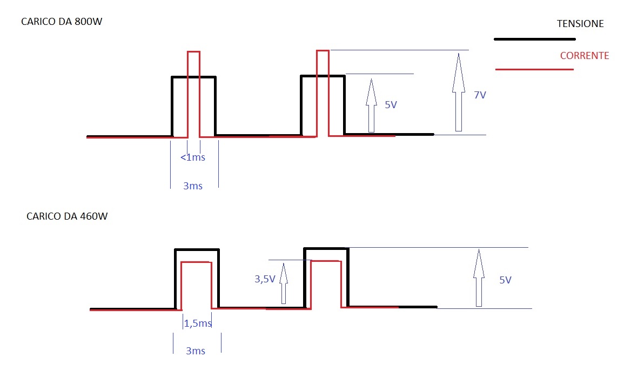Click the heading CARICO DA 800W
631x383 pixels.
point(62,21)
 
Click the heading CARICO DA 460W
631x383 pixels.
point(67,216)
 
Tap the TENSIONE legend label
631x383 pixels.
point(580,24)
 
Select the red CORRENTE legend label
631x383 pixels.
point(585,56)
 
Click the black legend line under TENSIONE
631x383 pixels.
point(535,39)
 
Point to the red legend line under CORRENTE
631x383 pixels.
point(534,69)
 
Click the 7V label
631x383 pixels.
point(480,95)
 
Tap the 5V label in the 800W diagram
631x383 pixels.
point(391,105)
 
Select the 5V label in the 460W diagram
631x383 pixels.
point(505,280)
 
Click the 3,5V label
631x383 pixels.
point(265,279)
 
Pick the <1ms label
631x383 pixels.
point(193,157)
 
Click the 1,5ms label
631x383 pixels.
point(198,323)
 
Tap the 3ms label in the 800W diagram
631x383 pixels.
point(193,186)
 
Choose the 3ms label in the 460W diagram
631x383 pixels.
point(196,351)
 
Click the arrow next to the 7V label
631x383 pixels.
point(458,93)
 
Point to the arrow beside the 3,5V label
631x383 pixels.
point(284,283)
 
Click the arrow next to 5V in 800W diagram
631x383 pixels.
point(372,105)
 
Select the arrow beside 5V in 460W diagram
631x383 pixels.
point(479,278)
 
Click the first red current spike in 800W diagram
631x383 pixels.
point(193,51)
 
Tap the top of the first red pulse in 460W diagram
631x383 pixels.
point(197,262)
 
